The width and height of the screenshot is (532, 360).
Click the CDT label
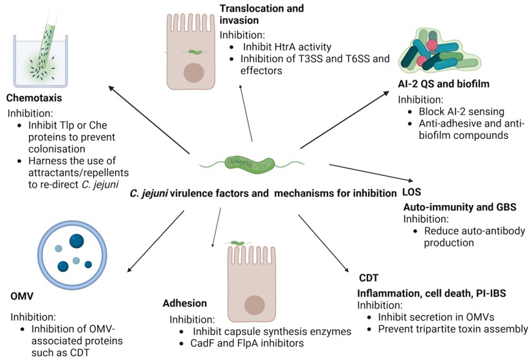(369, 278)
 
